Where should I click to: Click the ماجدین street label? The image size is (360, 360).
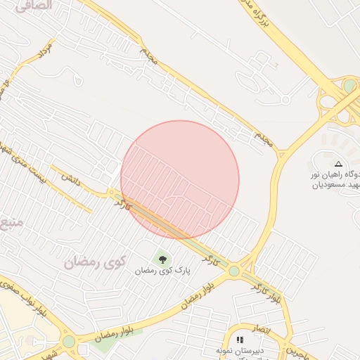pos(296,350)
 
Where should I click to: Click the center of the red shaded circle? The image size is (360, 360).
pos(180,179)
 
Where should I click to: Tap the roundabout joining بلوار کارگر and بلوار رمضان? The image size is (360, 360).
pos(233,271)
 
